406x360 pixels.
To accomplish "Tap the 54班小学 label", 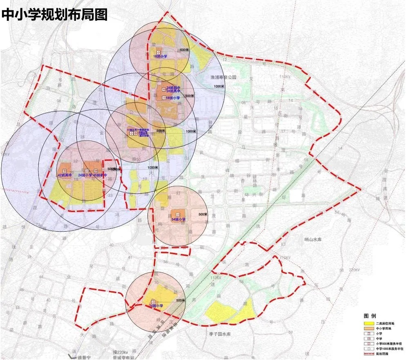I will coord(178,219).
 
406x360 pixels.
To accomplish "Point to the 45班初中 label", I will coord(100,175).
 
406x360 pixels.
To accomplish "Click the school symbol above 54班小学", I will coord(178,214).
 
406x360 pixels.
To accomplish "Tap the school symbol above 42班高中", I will coord(65,170).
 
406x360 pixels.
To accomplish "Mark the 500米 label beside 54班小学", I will coord(203,214).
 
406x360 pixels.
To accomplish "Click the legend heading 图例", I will coord(369,316).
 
